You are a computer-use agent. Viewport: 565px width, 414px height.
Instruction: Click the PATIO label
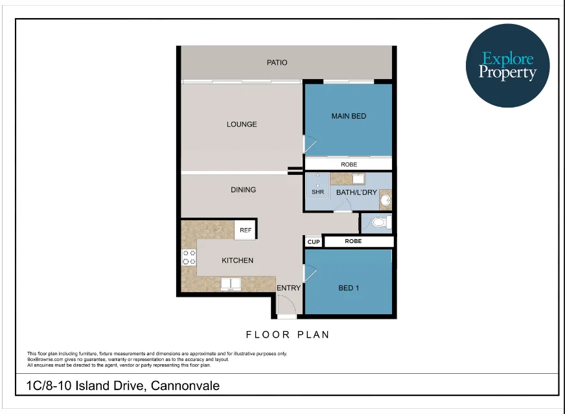tap(277, 63)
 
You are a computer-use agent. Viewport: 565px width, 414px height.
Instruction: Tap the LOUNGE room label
tap(242, 124)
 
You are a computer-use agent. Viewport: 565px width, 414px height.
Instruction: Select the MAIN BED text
tap(349, 117)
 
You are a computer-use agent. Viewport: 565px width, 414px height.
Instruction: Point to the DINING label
tap(243, 190)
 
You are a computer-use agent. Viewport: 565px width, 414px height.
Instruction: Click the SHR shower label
tap(317, 192)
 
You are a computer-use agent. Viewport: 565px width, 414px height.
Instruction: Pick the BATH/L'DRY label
tap(356, 193)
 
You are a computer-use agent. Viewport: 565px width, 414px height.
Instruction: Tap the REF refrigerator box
tap(246, 230)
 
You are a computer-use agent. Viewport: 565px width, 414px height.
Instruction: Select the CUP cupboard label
tap(314, 242)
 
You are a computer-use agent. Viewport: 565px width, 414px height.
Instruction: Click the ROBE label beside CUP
tap(353, 241)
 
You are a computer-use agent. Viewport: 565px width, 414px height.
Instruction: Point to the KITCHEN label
tap(237, 260)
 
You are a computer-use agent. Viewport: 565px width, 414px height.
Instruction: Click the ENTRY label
tap(288, 288)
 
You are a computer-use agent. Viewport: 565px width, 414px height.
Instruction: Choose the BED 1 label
tap(349, 288)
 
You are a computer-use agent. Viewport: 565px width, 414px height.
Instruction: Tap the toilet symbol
tap(378, 223)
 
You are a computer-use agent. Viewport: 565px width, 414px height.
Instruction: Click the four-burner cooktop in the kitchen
tap(189, 257)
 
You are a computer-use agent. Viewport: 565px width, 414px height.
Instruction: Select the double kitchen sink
tap(231, 283)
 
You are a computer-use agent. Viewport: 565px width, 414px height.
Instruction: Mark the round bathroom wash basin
tap(385, 200)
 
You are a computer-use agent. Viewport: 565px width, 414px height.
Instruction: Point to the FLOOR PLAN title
tap(288, 335)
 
